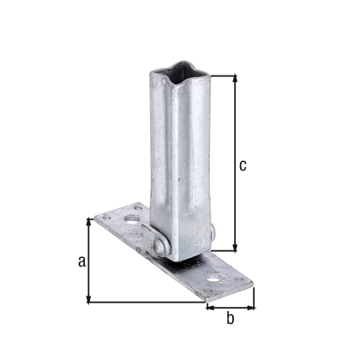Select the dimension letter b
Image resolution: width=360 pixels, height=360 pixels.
(230, 320)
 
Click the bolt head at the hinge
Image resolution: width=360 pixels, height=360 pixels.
(159, 247)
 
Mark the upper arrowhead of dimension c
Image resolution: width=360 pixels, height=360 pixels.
(231, 78)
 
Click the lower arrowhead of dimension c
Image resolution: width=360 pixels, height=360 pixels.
(231, 249)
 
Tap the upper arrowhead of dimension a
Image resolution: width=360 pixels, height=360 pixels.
(89, 221)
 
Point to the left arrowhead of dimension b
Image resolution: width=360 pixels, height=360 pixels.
(208, 304)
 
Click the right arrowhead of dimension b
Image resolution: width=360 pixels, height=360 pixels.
(252, 304)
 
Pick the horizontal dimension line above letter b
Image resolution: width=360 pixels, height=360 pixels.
(230, 304)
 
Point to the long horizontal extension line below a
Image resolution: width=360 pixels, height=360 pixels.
(146, 302)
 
